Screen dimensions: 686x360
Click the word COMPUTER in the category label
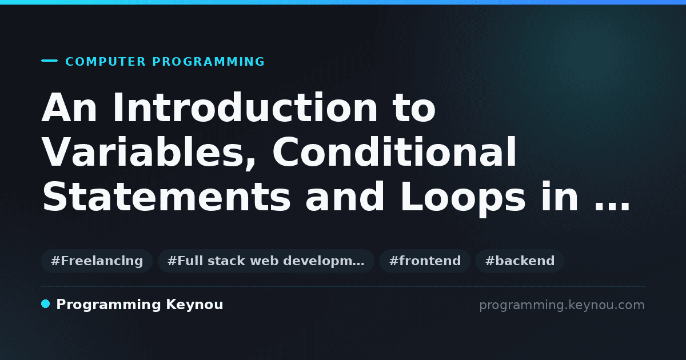tap(105, 62)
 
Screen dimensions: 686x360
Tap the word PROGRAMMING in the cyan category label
tap(208, 62)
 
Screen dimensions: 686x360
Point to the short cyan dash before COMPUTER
tap(49, 61)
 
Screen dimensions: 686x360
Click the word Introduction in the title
tap(245, 108)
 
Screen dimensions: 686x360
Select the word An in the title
tap(69, 108)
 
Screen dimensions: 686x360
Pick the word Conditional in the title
tap(394, 152)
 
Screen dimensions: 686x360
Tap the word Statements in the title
tap(166, 197)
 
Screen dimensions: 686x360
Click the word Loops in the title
tap(463, 198)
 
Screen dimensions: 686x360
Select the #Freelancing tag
tap(97, 261)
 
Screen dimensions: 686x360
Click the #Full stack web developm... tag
tap(266, 261)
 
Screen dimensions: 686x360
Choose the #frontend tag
tap(425, 261)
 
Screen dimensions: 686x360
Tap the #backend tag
tap(520, 261)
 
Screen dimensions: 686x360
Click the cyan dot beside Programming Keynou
tap(46, 304)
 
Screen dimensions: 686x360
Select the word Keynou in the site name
tap(194, 305)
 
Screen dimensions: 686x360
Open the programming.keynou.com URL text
tap(562, 305)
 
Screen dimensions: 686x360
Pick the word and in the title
tap(345, 197)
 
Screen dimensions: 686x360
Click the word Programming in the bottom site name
tap(109, 305)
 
